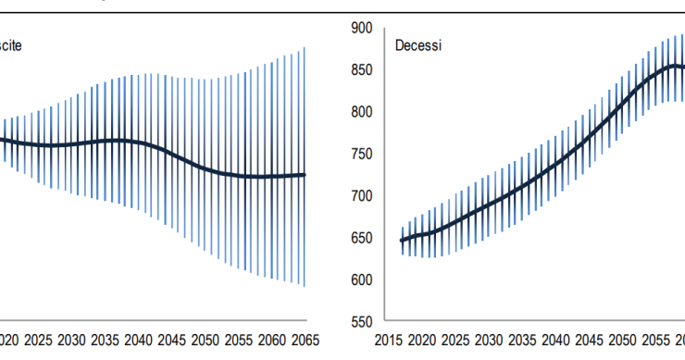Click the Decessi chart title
418,44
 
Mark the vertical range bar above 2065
304,167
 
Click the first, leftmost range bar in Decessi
402,241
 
